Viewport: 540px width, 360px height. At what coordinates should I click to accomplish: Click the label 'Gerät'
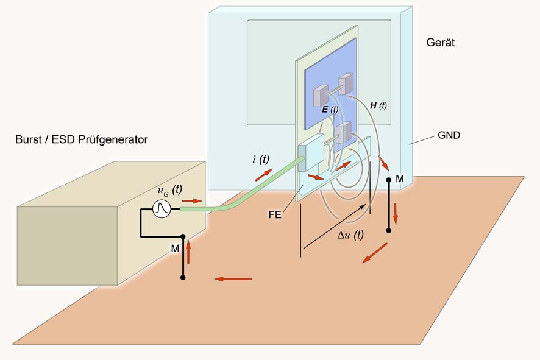tap(441, 43)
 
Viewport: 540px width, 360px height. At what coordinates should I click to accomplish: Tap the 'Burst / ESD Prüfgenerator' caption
tap(82, 140)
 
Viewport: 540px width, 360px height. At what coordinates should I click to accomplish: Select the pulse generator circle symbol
tap(161, 209)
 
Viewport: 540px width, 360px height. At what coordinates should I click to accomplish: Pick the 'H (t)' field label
tap(378, 105)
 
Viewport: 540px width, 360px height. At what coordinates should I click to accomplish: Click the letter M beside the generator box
tap(175, 248)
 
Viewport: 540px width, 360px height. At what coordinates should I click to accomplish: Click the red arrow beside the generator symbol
tap(191, 200)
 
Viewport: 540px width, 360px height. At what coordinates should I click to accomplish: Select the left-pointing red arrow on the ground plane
tap(233, 279)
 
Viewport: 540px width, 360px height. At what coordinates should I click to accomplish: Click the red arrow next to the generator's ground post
tap(188, 252)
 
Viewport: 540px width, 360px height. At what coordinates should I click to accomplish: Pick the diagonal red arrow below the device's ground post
tap(375, 253)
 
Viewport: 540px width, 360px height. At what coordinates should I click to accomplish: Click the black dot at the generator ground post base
tap(182, 278)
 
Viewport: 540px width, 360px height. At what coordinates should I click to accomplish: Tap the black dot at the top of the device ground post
tap(389, 180)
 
